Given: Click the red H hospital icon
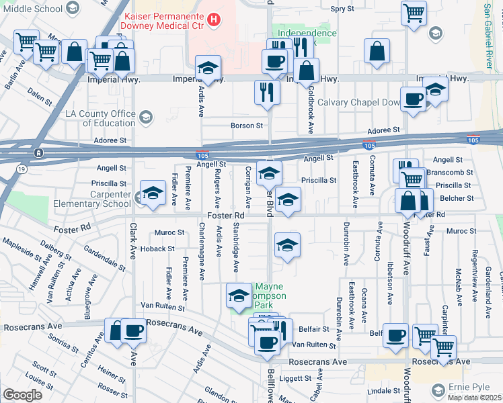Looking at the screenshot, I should (214, 19).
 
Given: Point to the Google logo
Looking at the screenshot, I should (22, 394).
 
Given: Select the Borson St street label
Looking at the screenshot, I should (246, 126).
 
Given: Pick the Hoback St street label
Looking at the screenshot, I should (157, 249).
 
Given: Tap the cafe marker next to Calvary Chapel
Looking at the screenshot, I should (413, 100).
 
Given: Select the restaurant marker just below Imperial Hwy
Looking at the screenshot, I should (266, 92).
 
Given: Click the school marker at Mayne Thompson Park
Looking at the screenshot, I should (239, 296).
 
